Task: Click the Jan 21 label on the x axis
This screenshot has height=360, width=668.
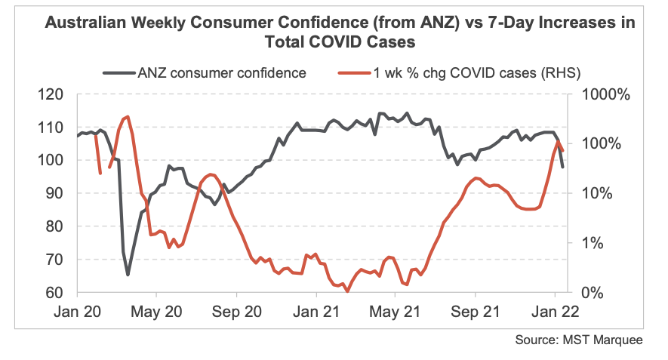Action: [x=315, y=309]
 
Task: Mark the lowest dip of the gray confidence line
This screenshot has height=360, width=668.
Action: [x=128, y=275]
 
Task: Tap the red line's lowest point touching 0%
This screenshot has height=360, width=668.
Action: [x=346, y=291]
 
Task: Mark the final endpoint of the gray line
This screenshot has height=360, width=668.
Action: [x=563, y=167]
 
